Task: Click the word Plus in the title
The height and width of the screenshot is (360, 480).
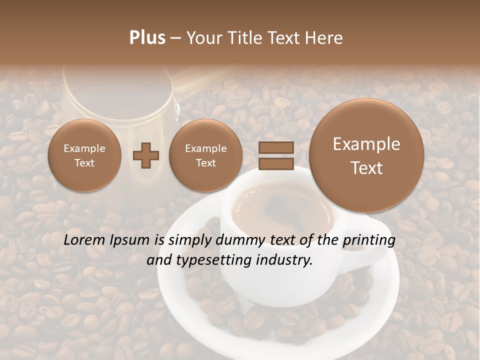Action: click(x=147, y=38)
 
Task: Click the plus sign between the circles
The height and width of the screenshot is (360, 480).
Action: click(x=146, y=155)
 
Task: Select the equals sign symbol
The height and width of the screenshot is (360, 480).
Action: click(x=276, y=155)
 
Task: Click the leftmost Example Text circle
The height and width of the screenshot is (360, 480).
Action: click(x=84, y=155)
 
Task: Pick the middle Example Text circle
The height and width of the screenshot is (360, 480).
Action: click(x=205, y=155)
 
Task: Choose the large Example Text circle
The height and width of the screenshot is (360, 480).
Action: click(x=366, y=155)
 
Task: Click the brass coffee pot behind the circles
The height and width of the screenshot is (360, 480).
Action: click(x=120, y=100)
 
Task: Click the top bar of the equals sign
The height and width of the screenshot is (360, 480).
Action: click(x=276, y=148)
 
